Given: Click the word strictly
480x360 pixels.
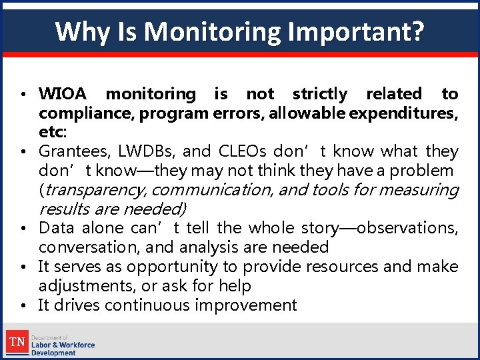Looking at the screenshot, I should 320,94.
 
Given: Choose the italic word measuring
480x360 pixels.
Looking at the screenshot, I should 425,190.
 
